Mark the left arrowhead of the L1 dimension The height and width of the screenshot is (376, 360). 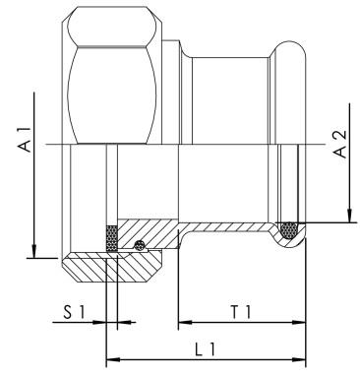click(110, 357)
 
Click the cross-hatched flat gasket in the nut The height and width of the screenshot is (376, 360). click(111, 239)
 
